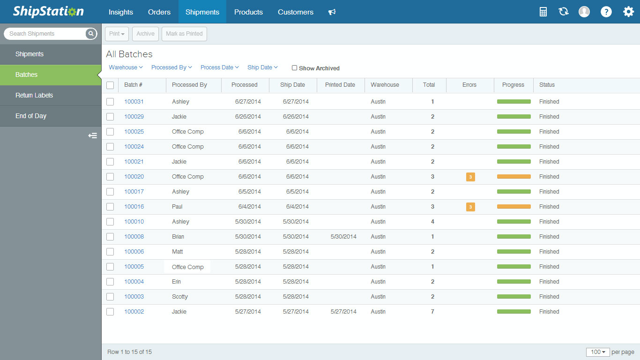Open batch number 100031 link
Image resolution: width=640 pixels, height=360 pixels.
pyautogui.click(x=134, y=102)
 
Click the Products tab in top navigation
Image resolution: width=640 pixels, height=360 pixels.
pyautogui.click(x=248, y=12)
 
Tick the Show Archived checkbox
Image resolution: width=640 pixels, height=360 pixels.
pyautogui.click(x=294, y=68)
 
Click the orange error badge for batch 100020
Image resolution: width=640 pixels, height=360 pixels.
pyautogui.click(x=470, y=177)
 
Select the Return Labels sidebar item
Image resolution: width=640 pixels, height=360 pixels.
pyautogui.click(x=34, y=95)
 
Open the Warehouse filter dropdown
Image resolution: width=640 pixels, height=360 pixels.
pyautogui.click(x=126, y=67)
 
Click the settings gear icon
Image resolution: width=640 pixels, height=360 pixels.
pyautogui.click(x=628, y=12)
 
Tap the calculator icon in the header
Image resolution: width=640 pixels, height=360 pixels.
pyautogui.click(x=543, y=12)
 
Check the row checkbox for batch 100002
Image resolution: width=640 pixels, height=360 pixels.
pyautogui.click(x=110, y=312)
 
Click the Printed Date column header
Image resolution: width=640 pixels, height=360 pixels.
pyautogui.click(x=340, y=85)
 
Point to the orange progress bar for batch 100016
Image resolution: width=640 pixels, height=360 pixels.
pyautogui.click(x=513, y=207)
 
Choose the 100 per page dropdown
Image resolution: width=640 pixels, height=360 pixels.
pyautogui.click(x=598, y=352)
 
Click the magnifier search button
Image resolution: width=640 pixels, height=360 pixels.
pyautogui.click(x=91, y=34)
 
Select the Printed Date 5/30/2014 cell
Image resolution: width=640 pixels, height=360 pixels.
pyautogui.click(x=343, y=237)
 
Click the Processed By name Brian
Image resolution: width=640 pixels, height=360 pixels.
pyautogui.click(x=178, y=237)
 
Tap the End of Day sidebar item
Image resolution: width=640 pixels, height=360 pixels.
pyautogui.click(x=31, y=116)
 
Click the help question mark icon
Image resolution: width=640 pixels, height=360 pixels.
pyautogui.click(x=606, y=12)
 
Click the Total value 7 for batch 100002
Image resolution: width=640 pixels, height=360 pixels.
pyautogui.click(x=432, y=312)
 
